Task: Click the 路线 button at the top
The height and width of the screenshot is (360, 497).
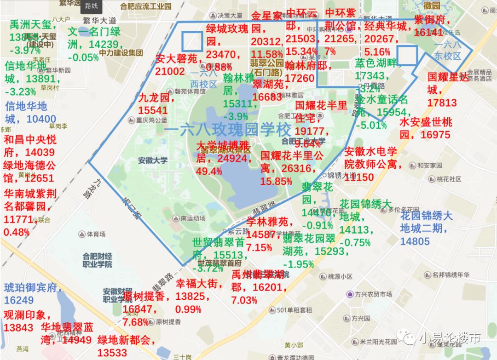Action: click(91, 6)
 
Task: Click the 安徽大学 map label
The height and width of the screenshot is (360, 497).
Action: click(153, 160)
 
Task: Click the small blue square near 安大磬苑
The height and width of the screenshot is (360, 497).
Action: click(192, 41)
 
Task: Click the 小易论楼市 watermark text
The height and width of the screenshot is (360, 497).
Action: click(449, 338)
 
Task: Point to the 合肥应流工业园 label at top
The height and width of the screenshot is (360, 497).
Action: click(145, 6)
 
